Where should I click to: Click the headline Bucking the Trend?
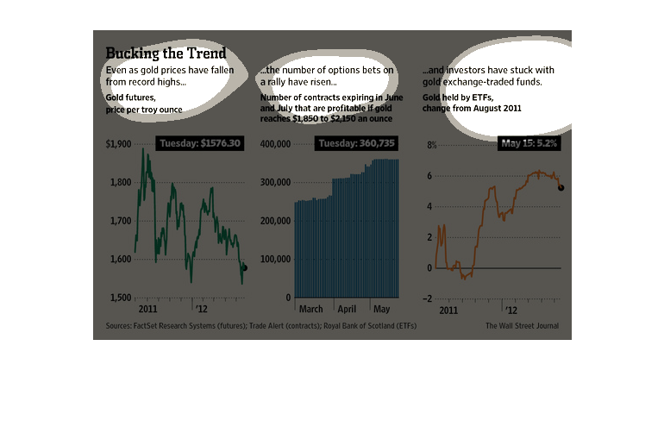[x=166, y=53]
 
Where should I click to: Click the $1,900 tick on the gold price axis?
[x=119, y=144]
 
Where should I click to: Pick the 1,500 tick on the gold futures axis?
[x=120, y=298]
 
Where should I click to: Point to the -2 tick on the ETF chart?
[x=431, y=298]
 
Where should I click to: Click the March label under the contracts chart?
[x=311, y=308]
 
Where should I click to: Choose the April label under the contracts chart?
[x=347, y=308]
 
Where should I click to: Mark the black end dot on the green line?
[x=244, y=268]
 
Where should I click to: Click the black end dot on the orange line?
[x=561, y=187]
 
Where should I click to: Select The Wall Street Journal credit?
[x=522, y=326]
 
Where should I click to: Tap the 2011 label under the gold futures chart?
[x=147, y=308]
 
